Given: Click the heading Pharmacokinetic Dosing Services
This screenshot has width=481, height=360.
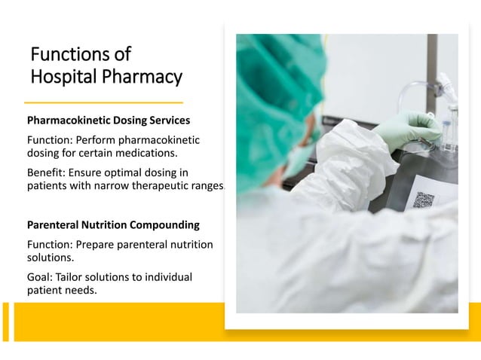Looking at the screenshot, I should [x=109, y=120].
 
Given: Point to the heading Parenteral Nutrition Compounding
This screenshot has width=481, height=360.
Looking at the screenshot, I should [x=113, y=224].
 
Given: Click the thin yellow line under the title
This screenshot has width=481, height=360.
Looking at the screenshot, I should [x=104, y=102].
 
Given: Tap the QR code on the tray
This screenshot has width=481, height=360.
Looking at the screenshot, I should [x=424, y=200].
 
